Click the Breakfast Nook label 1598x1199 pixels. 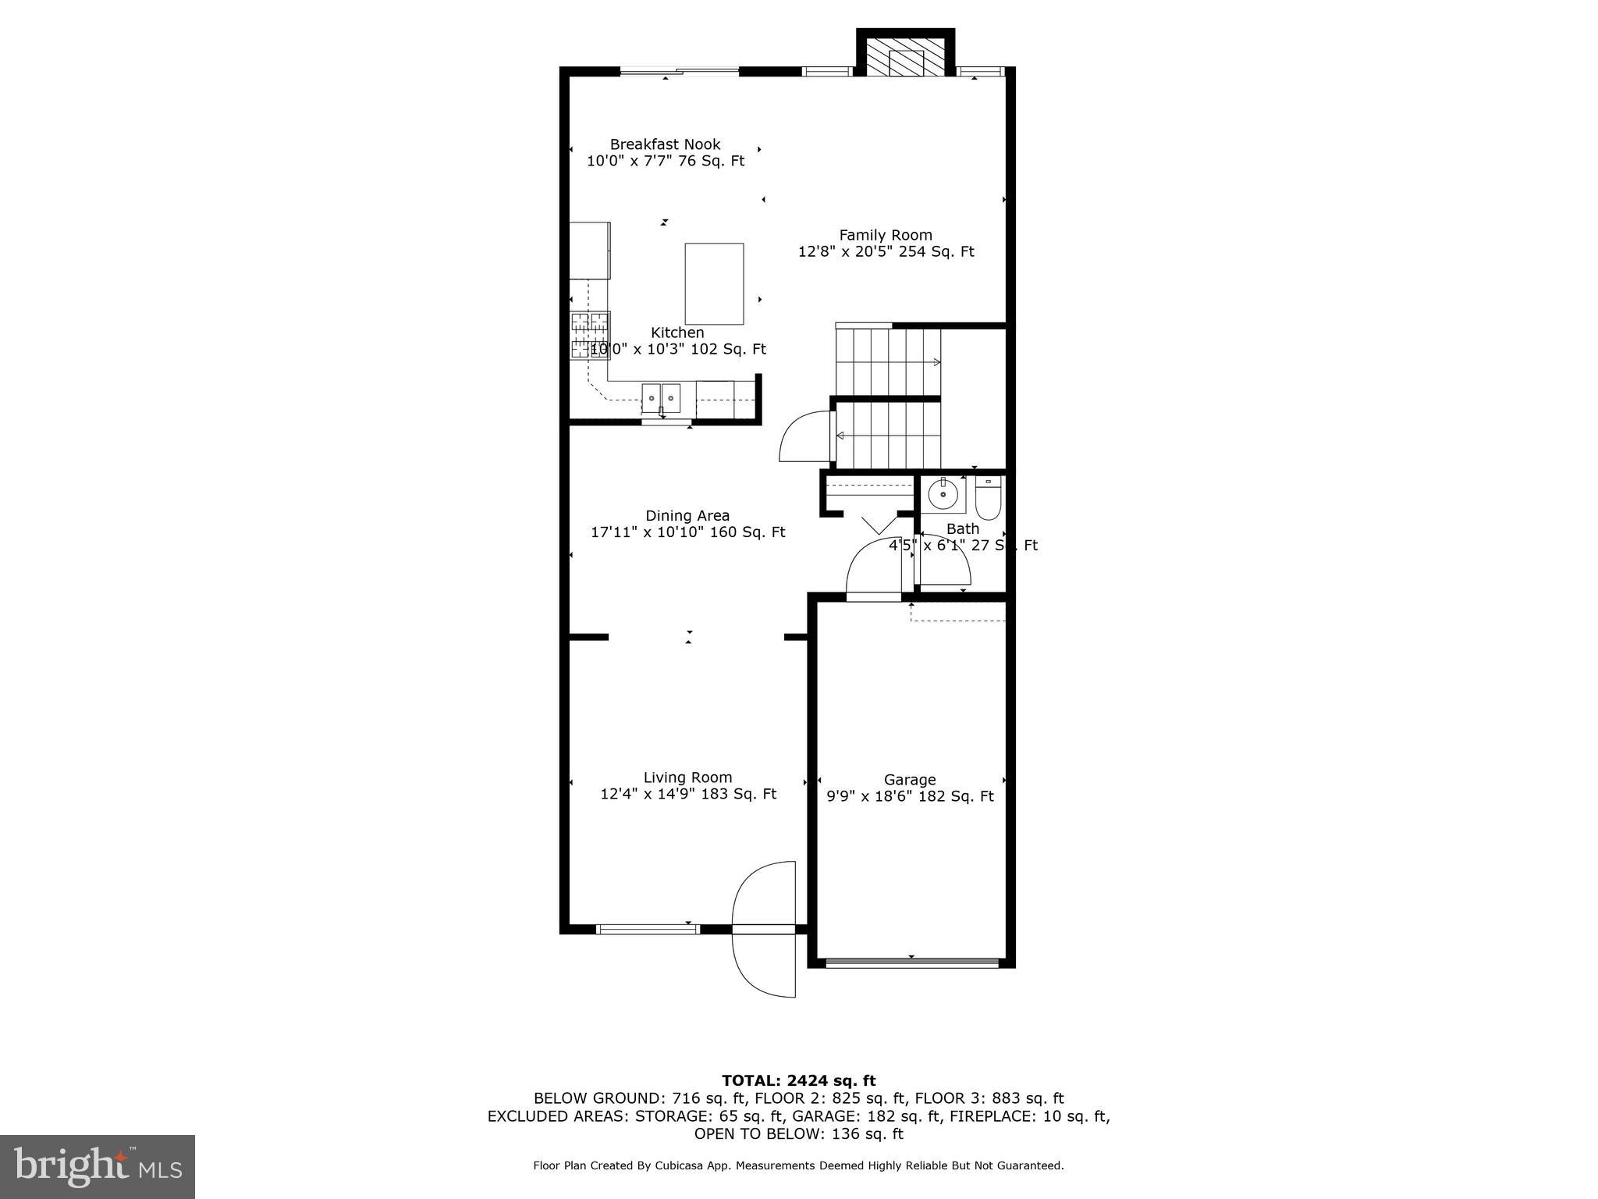pos(665,144)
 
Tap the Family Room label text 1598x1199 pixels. pos(886,235)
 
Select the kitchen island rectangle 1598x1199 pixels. pos(714,283)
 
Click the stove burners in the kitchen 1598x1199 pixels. pos(589,335)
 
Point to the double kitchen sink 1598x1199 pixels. pos(661,398)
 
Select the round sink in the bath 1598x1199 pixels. pos(944,494)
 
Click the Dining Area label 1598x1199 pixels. pos(687,515)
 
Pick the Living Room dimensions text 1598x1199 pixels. pos(687,794)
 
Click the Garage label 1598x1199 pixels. pos(910,779)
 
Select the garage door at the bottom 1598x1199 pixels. pos(911,962)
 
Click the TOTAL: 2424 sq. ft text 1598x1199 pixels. pos(798,1080)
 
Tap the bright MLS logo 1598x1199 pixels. pos(98,1166)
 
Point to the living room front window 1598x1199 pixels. pos(648,929)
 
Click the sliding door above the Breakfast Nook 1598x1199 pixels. pos(679,72)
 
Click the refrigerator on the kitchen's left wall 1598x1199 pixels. pos(589,251)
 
